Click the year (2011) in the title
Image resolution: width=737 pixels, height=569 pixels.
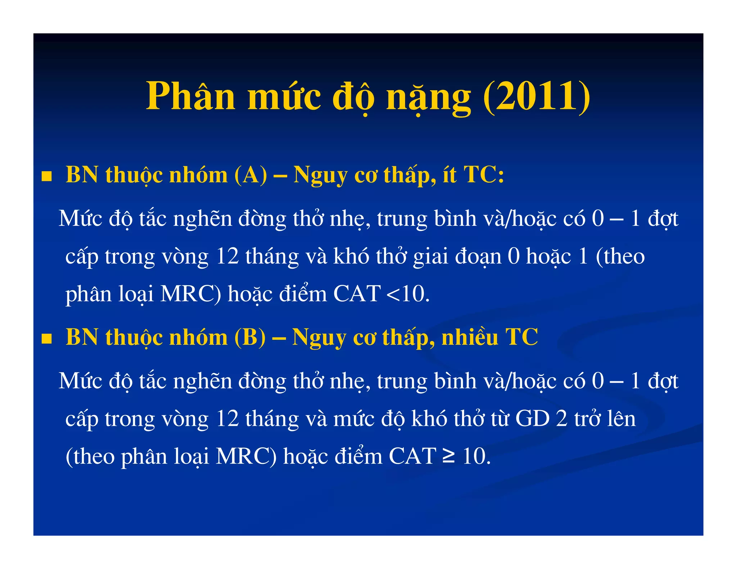tap(536, 96)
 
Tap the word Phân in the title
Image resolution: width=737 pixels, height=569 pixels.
tap(191, 96)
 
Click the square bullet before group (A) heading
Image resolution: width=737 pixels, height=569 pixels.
tap(46, 176)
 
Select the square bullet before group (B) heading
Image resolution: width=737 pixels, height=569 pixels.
tap(46, 338)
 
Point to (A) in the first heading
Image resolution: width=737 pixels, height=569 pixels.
tap(250, 176)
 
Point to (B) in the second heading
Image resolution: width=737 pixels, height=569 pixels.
tap(250, 338)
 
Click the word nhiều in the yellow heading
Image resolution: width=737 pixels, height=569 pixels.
tap(470, 338)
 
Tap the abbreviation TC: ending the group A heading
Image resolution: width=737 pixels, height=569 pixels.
tap(484, 176)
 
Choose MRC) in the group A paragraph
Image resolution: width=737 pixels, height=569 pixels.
tap(191, 294)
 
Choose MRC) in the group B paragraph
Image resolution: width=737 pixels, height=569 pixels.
tap(246, 457)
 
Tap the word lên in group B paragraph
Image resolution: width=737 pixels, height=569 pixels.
tap(620, 419)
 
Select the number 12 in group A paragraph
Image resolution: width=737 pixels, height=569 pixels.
tap(227, 256)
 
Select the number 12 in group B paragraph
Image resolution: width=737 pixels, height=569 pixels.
tap(227, 419)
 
